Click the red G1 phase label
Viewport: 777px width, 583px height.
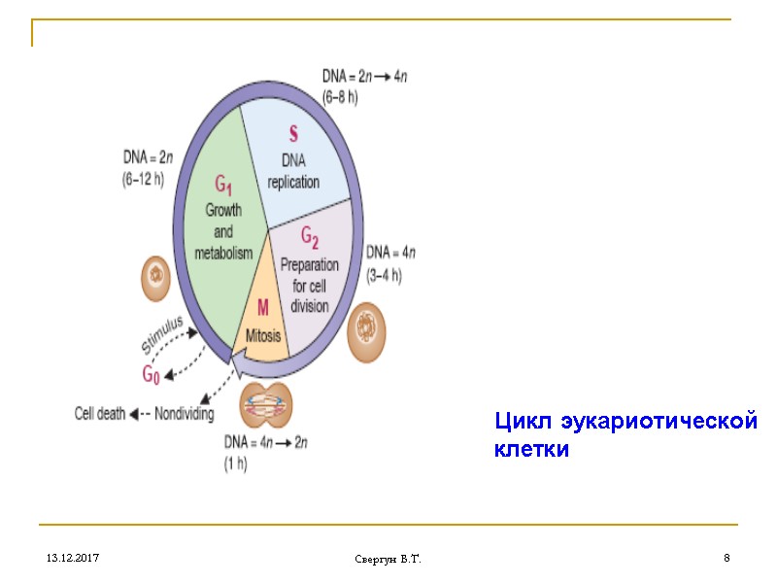[x=222, y=185]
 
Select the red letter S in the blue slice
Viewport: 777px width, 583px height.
[x=293, y=133]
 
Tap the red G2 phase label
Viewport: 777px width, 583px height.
[x=311, y=236]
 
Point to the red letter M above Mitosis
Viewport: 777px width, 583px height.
[x=262, y=309]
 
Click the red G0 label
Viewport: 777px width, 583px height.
[x=152, y=373]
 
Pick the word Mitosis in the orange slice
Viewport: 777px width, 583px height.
[x=262, y=335]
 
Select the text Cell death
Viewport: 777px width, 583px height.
[x=100, y=413]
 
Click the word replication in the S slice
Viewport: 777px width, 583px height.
[x=293, y=182]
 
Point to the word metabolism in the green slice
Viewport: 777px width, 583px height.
[x=223, y=253]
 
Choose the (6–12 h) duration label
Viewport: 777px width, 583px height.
[x=144, y=180]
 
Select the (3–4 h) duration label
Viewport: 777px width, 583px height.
[x=385, y=276]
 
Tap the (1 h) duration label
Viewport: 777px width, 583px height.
[x=235, y=463]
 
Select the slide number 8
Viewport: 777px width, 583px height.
[x=726, y=559]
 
